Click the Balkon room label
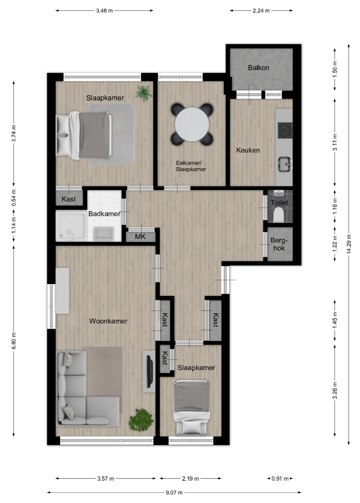point(258,68)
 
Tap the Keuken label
point(248,150)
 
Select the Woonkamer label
point(108,321)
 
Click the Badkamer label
point(104,214)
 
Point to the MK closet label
point(140,237)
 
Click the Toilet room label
point(279,203)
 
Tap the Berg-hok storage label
point(279,244)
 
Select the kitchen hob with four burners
point(285,130)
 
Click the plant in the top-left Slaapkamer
point(144,92)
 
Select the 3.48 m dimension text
point(104,10)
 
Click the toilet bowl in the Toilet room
point(279,214)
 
